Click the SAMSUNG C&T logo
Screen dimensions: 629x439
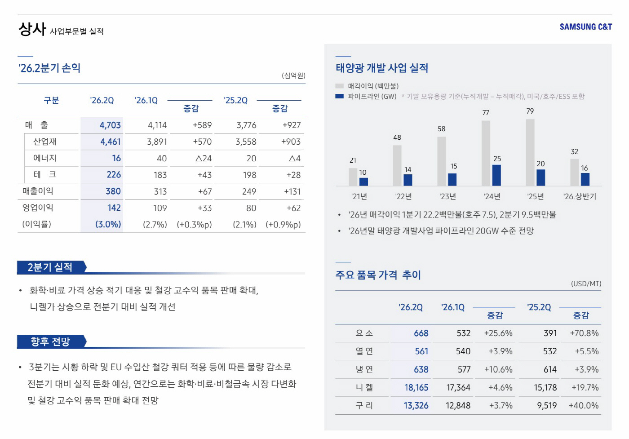pos(585,27)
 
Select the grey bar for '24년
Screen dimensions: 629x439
pos(486,153)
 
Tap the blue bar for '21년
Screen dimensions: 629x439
pos(363,182)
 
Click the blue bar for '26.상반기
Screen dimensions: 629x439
pos(585,179)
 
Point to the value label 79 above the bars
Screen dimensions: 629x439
pos(530,111)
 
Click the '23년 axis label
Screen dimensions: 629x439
pos(447,196)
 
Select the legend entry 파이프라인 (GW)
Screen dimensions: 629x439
pos(372,96)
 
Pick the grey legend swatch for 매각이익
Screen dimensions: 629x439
pos(340,86)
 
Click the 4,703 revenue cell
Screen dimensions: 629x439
pos(110,125)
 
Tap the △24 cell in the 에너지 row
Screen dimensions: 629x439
pos(203,159)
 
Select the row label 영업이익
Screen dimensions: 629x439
pos(38,208)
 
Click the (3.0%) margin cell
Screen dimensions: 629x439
pos(108,224)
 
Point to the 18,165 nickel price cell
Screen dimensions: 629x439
pos(416,388)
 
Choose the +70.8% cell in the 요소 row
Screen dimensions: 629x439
pos(584,333)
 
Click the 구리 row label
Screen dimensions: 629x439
pos(364,406)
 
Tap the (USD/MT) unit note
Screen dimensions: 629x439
pos(586,284)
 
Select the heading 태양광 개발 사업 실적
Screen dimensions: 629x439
pos(382,68)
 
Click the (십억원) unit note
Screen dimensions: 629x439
pos(293,75)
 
